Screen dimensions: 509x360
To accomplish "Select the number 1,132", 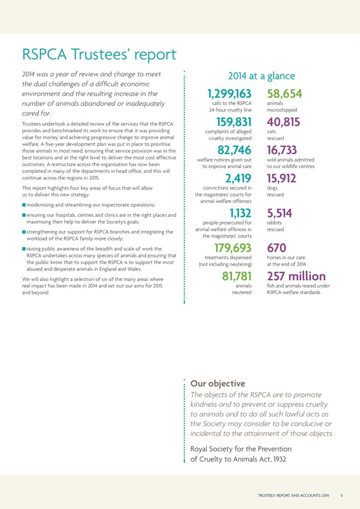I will (240, 215).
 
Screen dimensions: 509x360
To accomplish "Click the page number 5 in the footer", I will (342, 494).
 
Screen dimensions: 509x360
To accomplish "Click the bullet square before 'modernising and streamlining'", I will (23, 205).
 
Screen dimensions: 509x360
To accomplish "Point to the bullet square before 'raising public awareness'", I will (23, 249).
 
